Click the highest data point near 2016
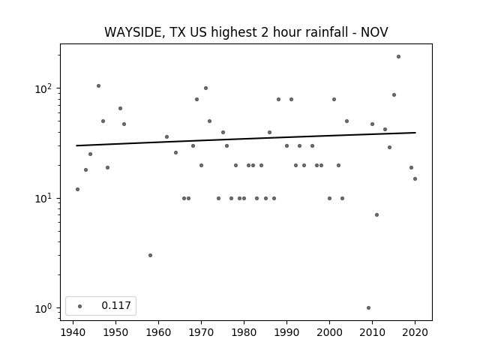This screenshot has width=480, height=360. [398, 57]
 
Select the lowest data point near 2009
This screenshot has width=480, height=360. [368, 307]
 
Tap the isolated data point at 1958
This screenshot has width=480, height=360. [150, 255]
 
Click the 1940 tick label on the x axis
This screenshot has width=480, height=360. [73, 332]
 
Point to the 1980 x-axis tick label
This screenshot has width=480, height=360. [244, 332]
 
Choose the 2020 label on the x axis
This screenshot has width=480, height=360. [415, 332]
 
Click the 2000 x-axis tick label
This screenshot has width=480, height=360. [329, 332]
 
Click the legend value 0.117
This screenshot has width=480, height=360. [116, 305]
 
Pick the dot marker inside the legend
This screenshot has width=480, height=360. [80, 306]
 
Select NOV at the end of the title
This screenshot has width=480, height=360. [374, 32]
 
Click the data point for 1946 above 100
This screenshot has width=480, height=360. [98, 86]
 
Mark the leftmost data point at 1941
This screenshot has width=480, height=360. [77, 190]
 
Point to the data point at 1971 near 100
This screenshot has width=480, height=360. [205, 88]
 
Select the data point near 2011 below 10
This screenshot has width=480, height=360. [376, 215]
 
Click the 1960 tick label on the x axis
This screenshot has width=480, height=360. [158, 332]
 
